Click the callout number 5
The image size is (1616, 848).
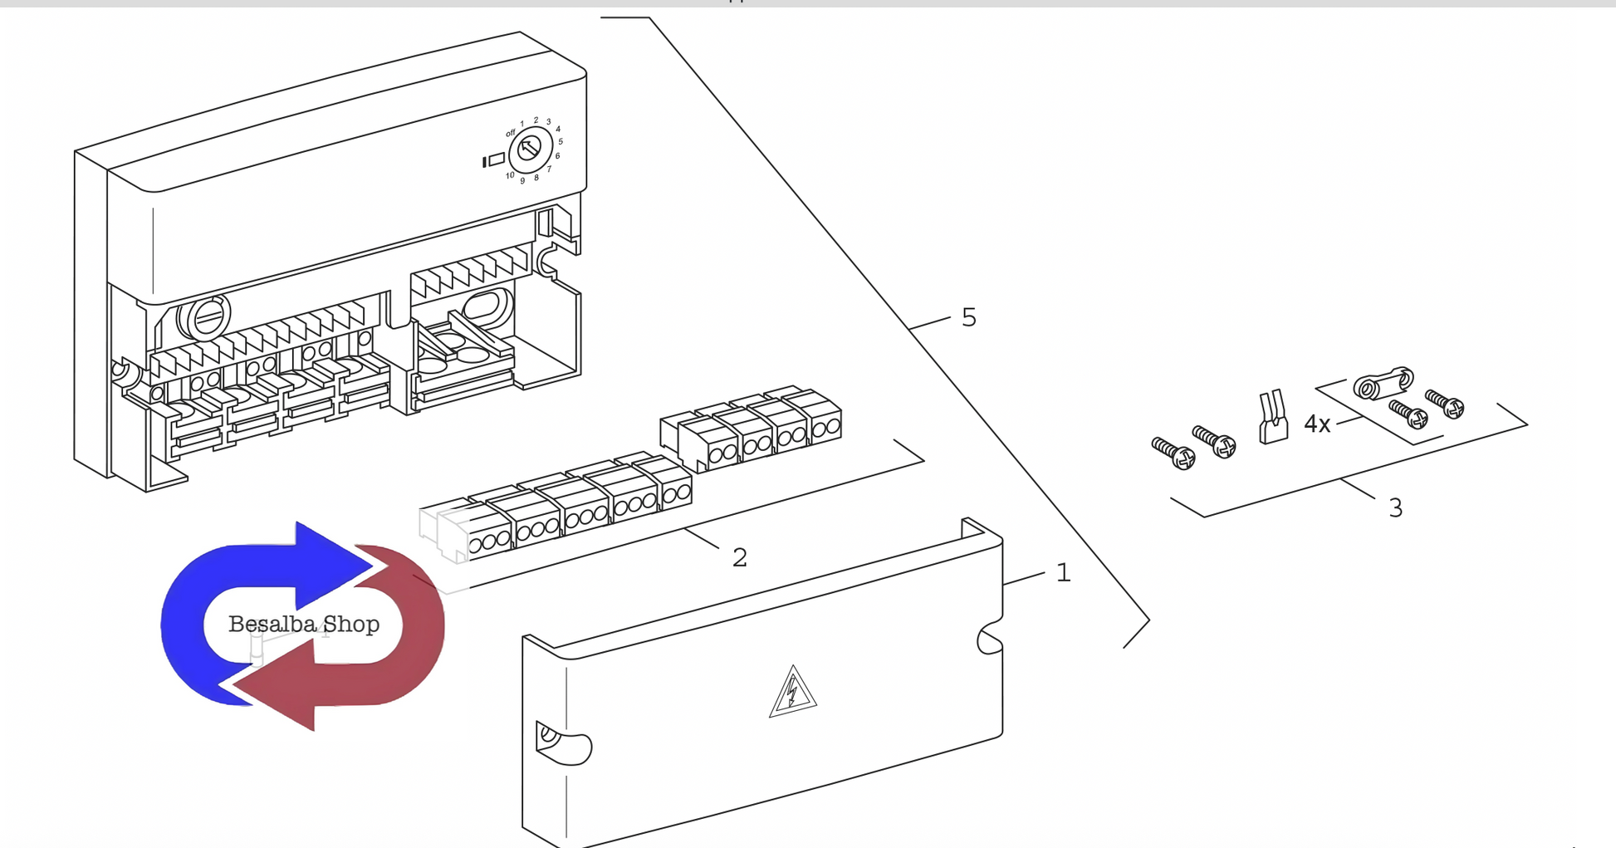click(968, 317)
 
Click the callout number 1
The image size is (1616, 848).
click(1063, 572)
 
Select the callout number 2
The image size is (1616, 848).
click(739, 557)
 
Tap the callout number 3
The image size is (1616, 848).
click(1395, 507)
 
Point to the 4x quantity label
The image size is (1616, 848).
click(1317, 424)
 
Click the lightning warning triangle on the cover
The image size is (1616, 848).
click(792, 692)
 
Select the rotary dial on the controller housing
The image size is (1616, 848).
click(530, 150)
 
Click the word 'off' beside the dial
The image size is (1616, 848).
click(511, 133)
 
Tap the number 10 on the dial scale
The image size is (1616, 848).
click(510, 175)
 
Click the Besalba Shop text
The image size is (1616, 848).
click(304, 624)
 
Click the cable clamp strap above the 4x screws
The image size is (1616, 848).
click(1383, 383)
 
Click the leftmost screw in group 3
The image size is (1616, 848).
click(1173, 453)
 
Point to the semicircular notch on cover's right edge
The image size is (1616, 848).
click(990, 640)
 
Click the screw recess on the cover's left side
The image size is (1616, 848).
click(556, 741)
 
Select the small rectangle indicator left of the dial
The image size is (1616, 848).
click(497, 159)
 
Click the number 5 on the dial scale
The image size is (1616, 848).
click(561, 141)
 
